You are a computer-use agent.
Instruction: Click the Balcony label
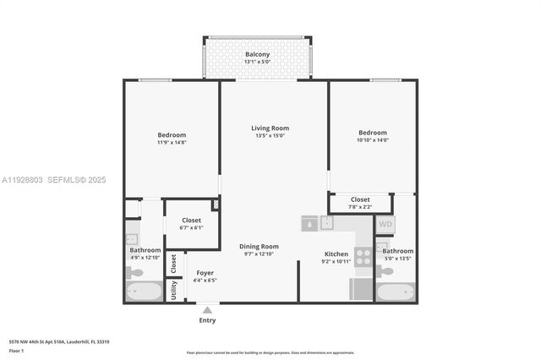tap(259, 55)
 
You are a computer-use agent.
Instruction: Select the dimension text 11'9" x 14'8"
tap(172, 143)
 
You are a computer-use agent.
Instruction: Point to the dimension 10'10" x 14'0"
tap(372, 140)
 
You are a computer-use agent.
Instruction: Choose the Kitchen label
tap(336, 254)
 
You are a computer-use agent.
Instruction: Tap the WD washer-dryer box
tap(385, 225)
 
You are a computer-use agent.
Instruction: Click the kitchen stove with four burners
tap(363, 257)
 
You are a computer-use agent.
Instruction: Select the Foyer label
tap(205, 273)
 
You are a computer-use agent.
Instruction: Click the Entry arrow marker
tap(207, 310)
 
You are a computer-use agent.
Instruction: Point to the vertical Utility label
tap(174, 290)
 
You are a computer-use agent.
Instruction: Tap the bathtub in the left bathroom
tap(145, 292)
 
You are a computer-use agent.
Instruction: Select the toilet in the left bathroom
tap(135, 272)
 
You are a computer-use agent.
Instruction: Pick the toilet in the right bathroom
tap(384, 270)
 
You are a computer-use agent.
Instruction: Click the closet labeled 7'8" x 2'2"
tap(360, 203)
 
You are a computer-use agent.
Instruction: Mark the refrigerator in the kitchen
tap(361, 289)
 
